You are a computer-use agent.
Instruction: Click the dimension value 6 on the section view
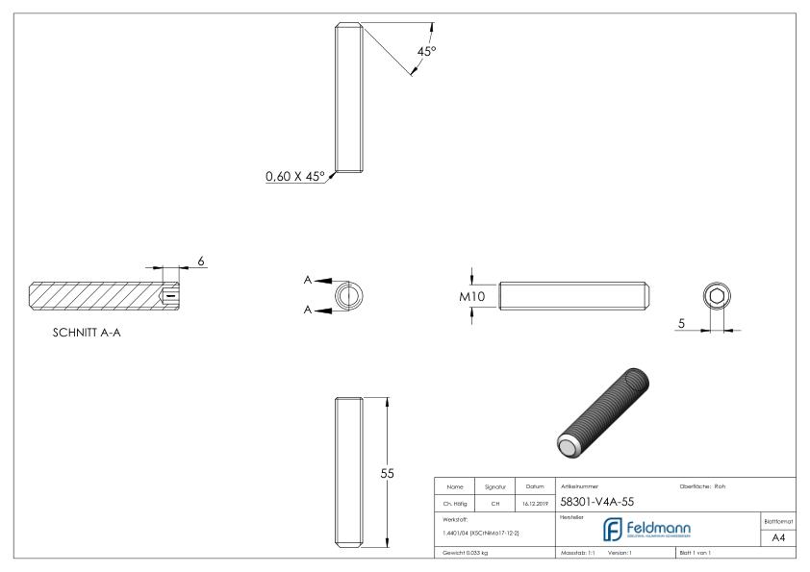point(200,261)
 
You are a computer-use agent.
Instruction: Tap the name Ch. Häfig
point(453,502)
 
